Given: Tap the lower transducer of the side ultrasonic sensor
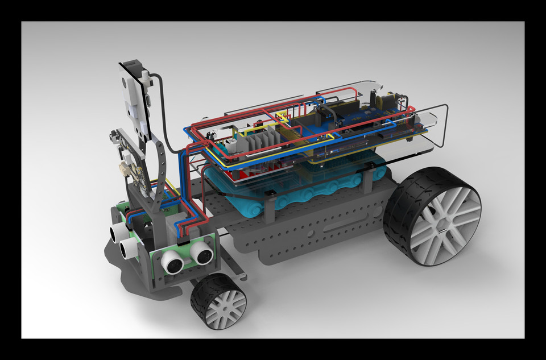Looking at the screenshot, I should tap(129, 247).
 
